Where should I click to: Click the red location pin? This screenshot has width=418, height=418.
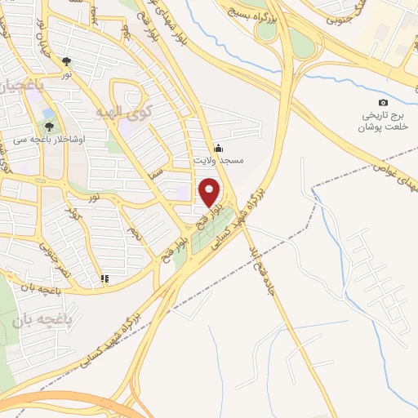pyautogui.click(x=209, y=191)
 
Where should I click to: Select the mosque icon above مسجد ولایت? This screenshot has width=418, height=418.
pyautogui.click(x=218, y=149)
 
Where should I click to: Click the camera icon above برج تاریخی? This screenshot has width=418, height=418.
pyautogui.click(x=383, y=102)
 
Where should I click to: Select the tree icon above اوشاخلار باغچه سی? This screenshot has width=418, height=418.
pyautogui.click(x=50, y=127)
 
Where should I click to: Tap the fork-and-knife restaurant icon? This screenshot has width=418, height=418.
pyautogui.click(x=104, y=279)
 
